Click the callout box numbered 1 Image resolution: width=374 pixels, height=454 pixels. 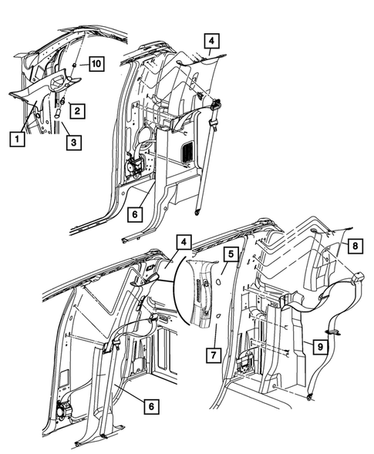14,140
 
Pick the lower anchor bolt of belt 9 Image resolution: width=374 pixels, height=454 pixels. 309,398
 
